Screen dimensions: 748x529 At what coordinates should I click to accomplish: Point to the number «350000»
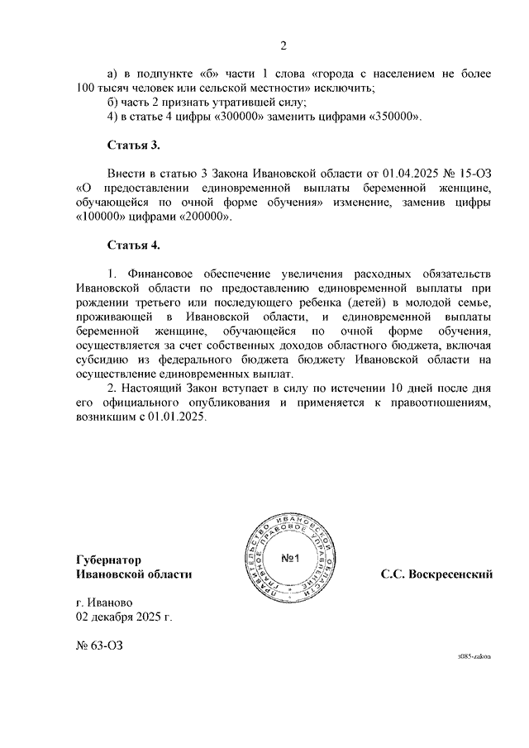[393, 117]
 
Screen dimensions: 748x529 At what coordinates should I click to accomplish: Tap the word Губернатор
[107, 560]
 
